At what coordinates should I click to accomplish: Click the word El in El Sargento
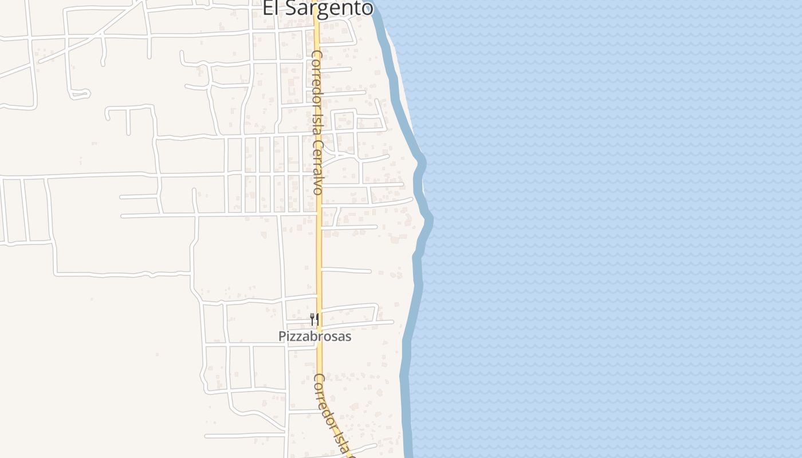[x=271, y=8]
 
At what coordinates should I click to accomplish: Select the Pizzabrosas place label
[x=314, y=337]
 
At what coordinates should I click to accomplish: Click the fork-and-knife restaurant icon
[x=314, y=319]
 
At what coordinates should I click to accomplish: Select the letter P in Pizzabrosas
[x=282, y=337]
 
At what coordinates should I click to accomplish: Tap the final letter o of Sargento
[x=367, y=8]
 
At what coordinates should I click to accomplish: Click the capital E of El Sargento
[x=268, y=8]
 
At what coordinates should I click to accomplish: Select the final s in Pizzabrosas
[x=348, y=337]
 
